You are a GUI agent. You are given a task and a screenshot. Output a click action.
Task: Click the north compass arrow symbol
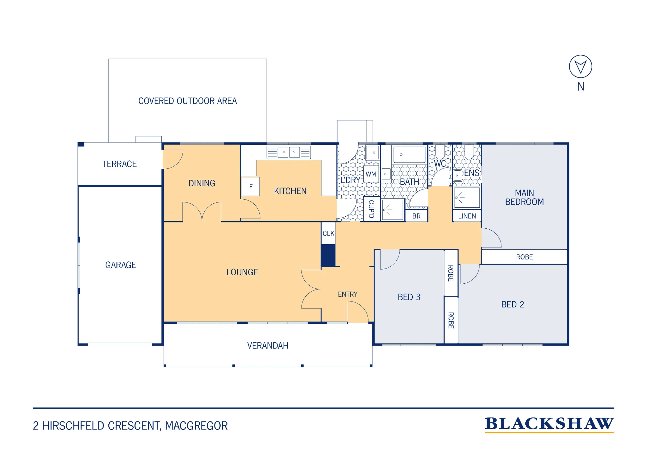tap(581, 66)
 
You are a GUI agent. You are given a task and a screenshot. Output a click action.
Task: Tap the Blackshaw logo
tap(549, 424)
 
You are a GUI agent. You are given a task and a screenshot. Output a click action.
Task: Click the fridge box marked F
tap(251, 187)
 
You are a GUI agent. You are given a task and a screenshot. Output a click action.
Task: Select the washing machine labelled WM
tap(371, 174)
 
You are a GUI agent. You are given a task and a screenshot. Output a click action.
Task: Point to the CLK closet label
tap(328, 234)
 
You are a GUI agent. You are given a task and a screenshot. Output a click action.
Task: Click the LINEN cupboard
tap(467, 216)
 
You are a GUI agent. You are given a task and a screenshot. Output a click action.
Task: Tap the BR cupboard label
tap(416, 216)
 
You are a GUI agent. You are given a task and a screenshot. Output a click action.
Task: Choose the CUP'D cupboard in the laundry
tap(371, 209)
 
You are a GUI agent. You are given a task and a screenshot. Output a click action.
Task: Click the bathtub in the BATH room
tap(409, 155)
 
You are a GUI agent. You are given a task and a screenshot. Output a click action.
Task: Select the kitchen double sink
tap(289, 152)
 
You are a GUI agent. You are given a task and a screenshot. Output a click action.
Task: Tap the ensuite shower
tap(467, 197)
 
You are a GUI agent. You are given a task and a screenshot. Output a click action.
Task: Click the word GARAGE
tap(121, 265)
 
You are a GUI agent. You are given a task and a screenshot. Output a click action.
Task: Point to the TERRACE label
tap(119, 164)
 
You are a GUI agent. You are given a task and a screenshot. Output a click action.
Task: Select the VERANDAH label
tap(268, 346)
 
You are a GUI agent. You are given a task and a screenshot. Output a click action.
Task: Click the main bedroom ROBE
tap(524, 257)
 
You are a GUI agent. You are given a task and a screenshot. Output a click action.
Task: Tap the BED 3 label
tap(409, 297)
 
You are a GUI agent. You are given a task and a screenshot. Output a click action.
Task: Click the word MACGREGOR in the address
tap(196, 426)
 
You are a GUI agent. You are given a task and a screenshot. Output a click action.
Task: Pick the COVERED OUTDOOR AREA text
tap(188, 101)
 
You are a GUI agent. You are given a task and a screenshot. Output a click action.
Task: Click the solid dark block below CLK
tap(328, 256)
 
